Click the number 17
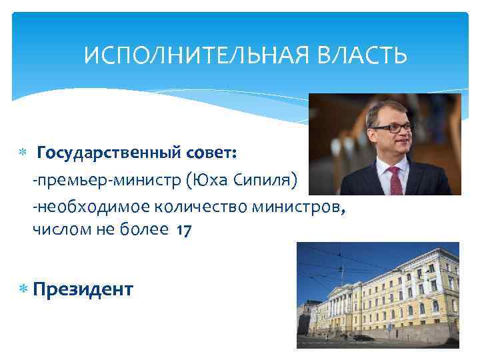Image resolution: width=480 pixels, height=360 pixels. (x=185, y=231)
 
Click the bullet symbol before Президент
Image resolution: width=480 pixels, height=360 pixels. (x=23, y=289)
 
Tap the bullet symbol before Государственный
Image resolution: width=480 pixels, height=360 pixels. (x=23, y=154)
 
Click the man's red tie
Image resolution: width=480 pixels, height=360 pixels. (x=395, y=179)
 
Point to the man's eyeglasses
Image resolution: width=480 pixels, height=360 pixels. (x=392, y=127)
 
